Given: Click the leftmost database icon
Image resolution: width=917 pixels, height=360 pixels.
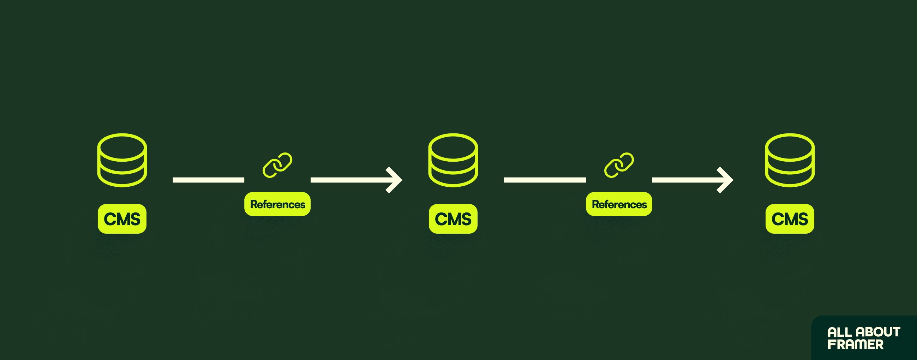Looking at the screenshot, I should coord(122,160).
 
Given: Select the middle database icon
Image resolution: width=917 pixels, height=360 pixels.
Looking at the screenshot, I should coord(453,160).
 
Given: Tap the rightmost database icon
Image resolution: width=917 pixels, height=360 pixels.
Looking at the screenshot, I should coord(790,160).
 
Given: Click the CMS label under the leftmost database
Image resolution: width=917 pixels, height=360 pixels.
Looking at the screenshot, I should coord(122,218).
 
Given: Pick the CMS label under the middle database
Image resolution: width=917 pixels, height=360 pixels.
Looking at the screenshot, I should coord(453,218).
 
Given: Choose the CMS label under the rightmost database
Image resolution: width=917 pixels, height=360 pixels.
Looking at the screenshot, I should coord(790,218).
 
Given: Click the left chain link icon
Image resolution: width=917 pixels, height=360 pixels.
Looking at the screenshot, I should coord(277,165).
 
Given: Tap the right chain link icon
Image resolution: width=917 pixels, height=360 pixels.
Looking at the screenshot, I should coord(619,165).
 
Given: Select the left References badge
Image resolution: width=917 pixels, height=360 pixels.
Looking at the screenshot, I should coord(277,204).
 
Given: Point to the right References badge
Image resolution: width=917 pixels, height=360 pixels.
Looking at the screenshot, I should coord(619,204).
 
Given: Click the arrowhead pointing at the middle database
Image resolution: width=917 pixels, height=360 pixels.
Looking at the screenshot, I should coord(395,180).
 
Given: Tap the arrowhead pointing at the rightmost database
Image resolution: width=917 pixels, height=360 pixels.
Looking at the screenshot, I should coord(726,180).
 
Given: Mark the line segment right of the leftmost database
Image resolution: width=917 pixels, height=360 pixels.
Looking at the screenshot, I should coord(208,180).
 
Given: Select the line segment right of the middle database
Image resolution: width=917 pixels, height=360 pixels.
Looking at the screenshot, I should coord(545,180).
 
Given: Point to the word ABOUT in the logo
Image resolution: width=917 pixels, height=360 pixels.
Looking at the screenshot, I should coord(878,332).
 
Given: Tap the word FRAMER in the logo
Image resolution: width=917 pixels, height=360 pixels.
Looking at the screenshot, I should coord(855,344).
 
